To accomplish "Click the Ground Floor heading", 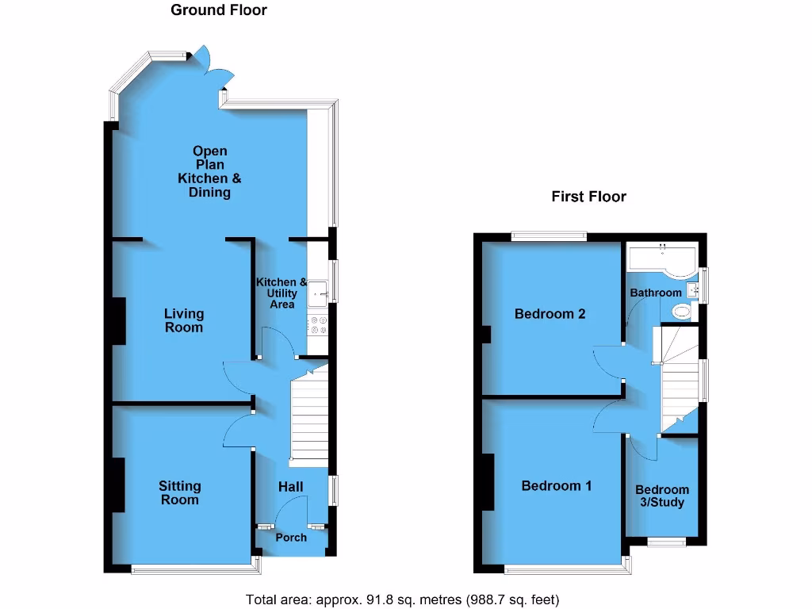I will (x=219, y=10).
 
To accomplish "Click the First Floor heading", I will (x=588, y=197).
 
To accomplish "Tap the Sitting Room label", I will (x=179, y=492).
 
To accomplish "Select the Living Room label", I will (x=184, y=320).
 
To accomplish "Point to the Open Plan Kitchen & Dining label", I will (x=209, y=171).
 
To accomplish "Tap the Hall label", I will (x=290, y=486).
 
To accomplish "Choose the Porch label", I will (x=291, y=538).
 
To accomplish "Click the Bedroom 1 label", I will (x=556, y=485).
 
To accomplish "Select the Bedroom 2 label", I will (x=550, y=313).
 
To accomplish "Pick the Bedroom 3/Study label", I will (x=662, y=496).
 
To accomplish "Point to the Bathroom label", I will (x=656, y=293).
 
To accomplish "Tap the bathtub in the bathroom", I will (x=661, y=259).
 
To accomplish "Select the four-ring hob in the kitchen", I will (x=320, y=326).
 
